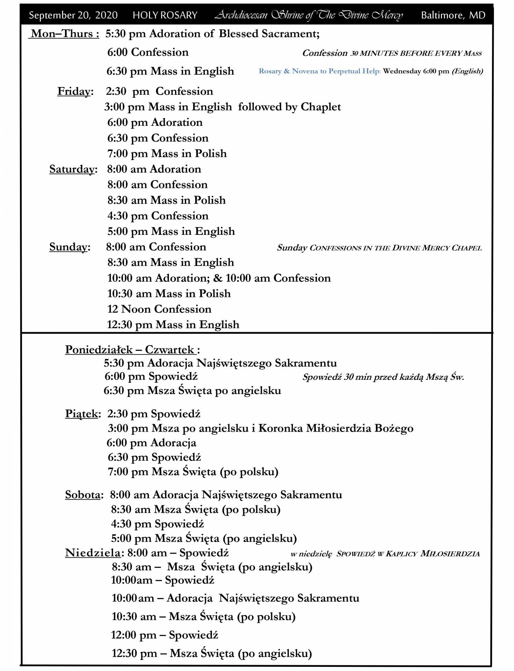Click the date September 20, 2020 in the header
click(73, 15)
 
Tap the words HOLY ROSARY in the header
click(165, 15)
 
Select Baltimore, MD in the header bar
click(453, 15)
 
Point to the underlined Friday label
click(74, 92)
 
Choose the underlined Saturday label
click(72, 169)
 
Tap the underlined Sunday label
click(68, 247)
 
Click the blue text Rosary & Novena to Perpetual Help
click(319, 71)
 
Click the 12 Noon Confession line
click(159, 309)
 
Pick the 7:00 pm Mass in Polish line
click(167, 154)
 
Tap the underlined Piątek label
click(81, 414)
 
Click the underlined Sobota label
click(83, 495)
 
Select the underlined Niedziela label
click(93, 553)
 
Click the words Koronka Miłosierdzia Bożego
click(336, 428)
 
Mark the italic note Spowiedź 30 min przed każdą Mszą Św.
click(383, 377)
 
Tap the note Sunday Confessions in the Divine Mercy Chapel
click(379, 248)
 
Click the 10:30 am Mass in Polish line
click(169, 294)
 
